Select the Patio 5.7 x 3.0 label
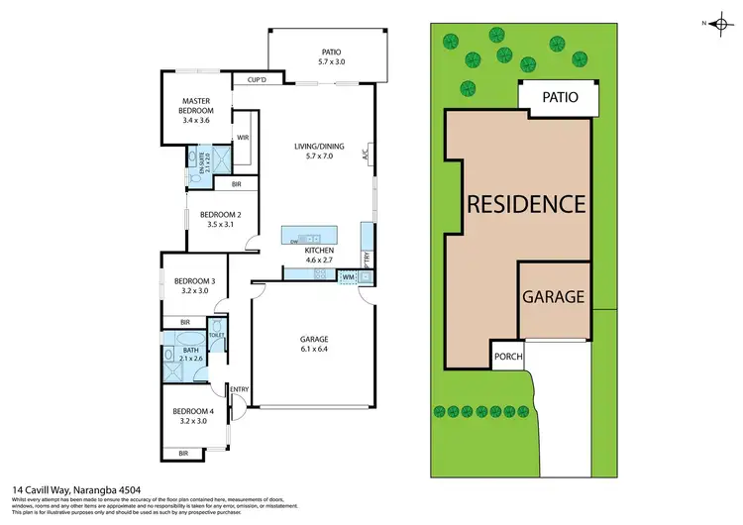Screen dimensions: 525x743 [x=331, y=56]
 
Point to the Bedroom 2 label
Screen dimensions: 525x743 [x=214, y=219]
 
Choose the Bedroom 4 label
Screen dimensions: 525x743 [x=192, y=416]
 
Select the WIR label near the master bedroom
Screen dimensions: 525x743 [x=242, y=139]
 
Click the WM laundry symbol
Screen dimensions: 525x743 [x=348, y=276]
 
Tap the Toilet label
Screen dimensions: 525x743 [x=216, y=335]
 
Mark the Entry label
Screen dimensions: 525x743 [x=239, y=389]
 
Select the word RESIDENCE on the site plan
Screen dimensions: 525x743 [x=526, y=204]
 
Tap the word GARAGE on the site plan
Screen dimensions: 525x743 [x=554, y=296]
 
